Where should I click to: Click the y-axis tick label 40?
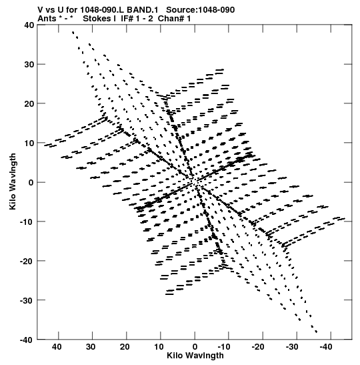[29, 25]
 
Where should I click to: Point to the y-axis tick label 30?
[29, 64]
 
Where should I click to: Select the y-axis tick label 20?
[29, 103]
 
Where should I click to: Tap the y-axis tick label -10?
[27, 222]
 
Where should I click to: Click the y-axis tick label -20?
[27, 261]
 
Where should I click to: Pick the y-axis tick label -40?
[27, 340]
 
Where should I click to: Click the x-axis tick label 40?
[57, 347]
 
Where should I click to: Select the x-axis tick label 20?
[125, 347]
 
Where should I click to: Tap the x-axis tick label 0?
[195, 347]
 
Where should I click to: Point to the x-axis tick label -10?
[224, 347]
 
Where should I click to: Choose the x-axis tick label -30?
[292, 347]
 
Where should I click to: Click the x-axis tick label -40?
[326, 347]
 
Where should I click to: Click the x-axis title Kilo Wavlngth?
[195, 356]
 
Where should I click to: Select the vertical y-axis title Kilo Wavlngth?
[13, 181]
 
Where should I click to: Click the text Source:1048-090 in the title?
[201, 10]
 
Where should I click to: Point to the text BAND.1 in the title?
[143, 10]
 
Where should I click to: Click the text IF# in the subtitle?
[127, 19]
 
